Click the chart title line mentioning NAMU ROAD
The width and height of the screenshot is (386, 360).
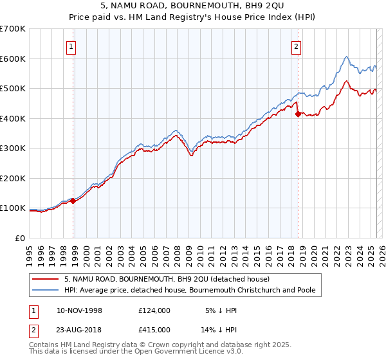[193, 5]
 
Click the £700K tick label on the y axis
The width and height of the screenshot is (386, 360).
[13, 29]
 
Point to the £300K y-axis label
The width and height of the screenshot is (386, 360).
[13, 148]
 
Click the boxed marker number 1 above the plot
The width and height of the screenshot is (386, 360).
[71, 46]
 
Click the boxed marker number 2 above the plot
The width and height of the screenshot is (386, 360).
[297, 46]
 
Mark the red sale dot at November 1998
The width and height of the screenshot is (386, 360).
[73, 201]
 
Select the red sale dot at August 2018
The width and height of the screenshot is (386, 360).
[298, 114]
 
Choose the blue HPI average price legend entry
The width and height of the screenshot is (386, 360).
[190, 291]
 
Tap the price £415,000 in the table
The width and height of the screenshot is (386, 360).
[154, 329]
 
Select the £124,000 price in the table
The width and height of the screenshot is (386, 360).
[154, 310]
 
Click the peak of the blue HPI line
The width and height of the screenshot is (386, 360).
[346, 57]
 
